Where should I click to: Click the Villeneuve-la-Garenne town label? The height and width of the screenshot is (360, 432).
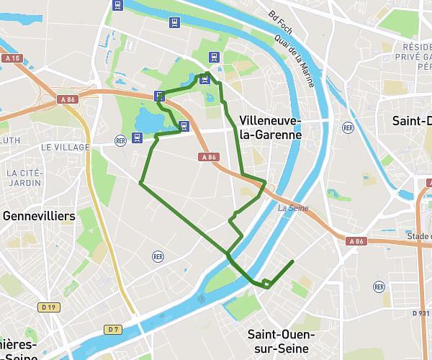click(x=270, y=127)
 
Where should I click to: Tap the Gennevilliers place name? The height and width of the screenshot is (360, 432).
click(x=39, y=216)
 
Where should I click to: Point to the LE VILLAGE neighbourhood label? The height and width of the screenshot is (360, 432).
click(x=66, y=147)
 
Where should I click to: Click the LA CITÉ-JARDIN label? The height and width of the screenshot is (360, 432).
click(x=24, y=178)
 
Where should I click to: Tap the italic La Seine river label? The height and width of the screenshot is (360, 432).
click(x=293, y=209)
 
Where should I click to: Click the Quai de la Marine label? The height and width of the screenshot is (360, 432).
click(x=300, y=66)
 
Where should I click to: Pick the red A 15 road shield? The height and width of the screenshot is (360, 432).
click(x=11, y=58)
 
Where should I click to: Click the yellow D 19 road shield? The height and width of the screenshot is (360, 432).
click(x=48, y=307)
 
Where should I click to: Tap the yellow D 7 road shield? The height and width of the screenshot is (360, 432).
click(x=112, y=330)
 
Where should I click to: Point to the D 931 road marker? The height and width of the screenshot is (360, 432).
click(x=421, y=313)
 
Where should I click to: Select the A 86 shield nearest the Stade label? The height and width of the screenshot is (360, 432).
click(x=355, y=242)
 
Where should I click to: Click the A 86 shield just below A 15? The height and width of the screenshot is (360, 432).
click(x=68, y=99)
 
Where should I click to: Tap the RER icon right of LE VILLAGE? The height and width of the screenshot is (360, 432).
click(x=120, y=140)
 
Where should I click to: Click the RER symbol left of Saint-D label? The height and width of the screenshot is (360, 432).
click(x=348, y=127)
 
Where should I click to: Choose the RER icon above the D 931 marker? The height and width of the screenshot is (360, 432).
click(x=379, y=287)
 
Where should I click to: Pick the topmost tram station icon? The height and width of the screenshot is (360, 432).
click(x=119, y=6)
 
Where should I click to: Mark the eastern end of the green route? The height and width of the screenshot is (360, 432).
click(x=294, y=261)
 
